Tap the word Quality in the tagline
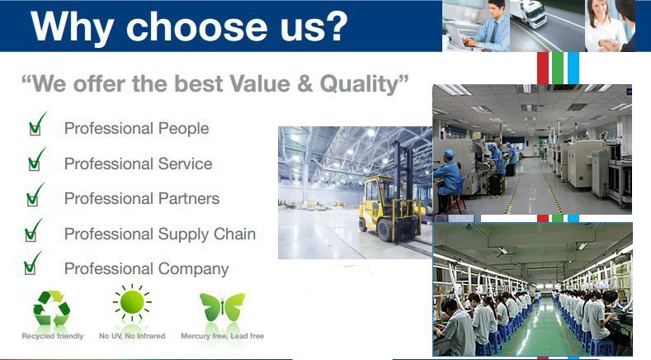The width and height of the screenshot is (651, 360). point(360,84)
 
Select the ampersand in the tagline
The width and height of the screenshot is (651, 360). point(304,83)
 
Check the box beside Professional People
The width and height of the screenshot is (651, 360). point(35,129)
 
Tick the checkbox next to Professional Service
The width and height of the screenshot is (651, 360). point(34,163)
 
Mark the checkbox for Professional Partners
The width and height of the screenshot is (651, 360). point(32,199)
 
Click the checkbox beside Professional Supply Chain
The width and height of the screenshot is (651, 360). point(31,234)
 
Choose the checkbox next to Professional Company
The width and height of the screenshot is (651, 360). point(30,268)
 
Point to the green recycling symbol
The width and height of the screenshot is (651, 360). point(51,308)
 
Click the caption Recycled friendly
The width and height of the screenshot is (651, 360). point(53,336)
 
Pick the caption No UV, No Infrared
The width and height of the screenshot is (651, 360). point(132,336)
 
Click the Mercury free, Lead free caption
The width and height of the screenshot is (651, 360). point(222,336)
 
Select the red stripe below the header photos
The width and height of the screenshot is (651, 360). point(543,68)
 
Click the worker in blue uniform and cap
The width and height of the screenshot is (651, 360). point(447,177)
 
